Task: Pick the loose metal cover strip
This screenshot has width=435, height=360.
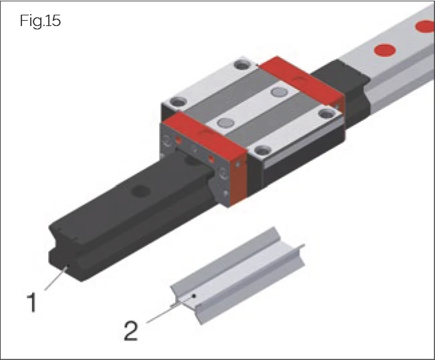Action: click(241, 274)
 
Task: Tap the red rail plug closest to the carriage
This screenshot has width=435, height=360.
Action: click(383, 50)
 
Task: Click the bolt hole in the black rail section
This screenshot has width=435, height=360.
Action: click(141, 191)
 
